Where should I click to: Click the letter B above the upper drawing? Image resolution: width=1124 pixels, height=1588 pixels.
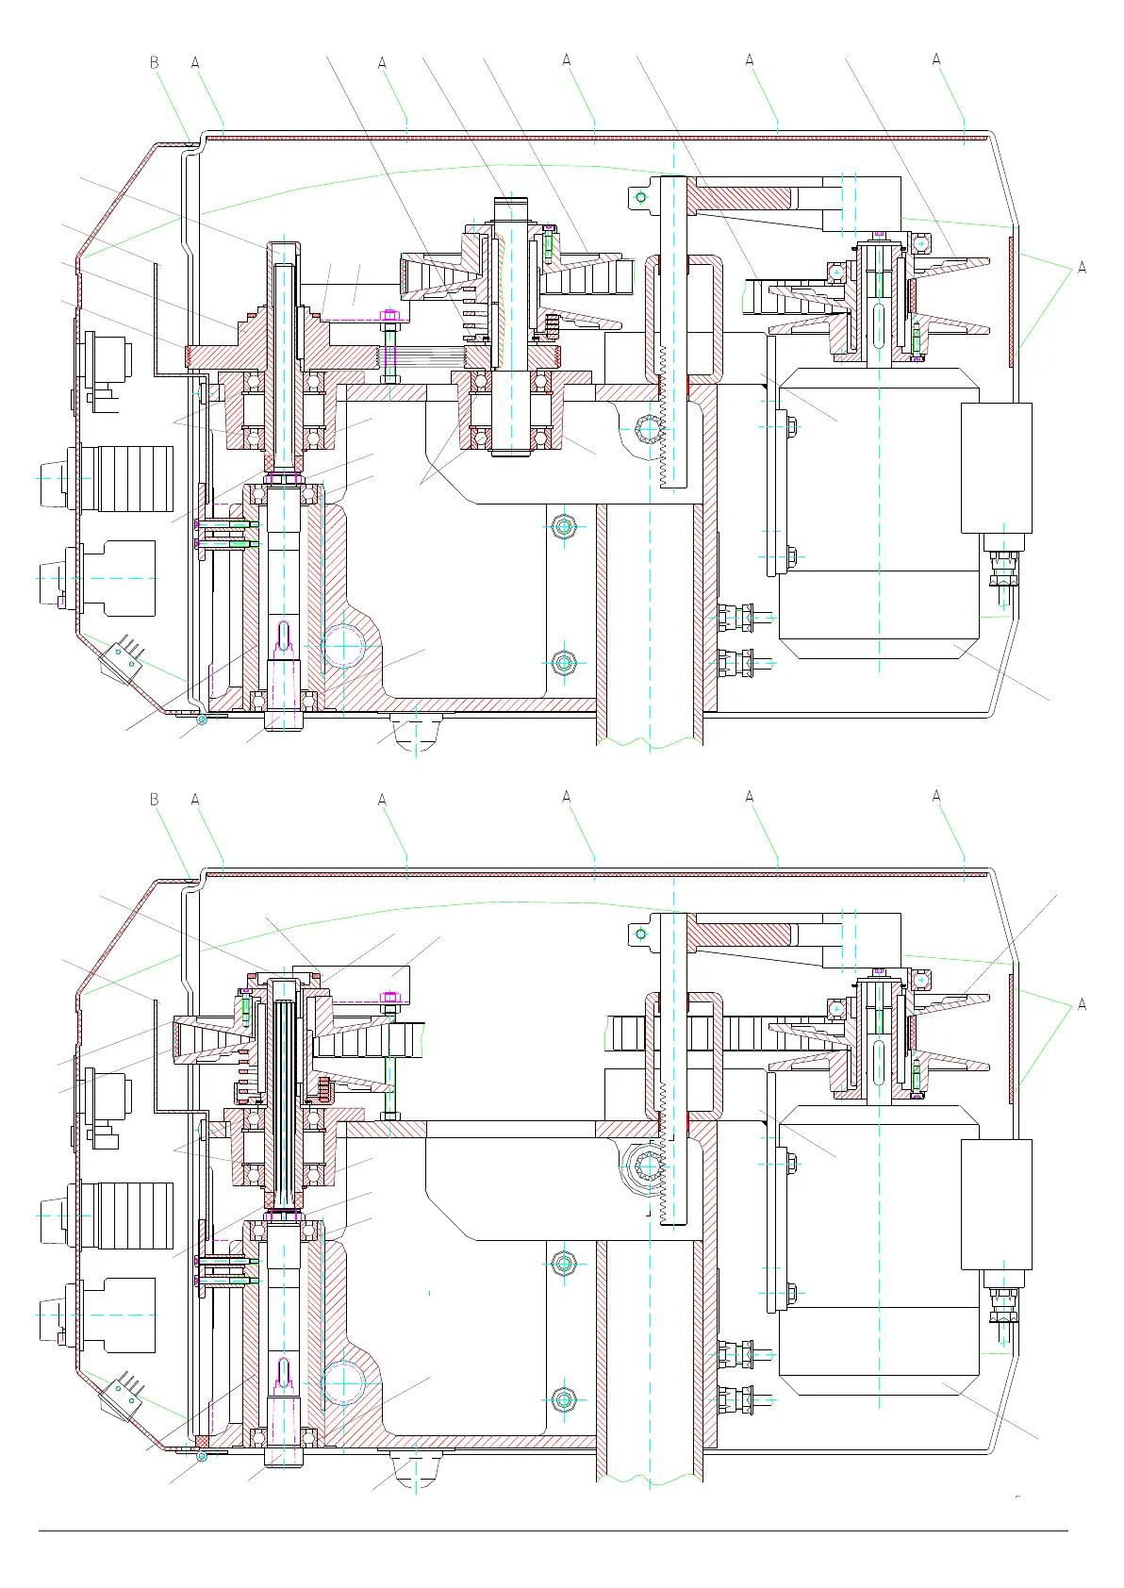click(x=155, y=63)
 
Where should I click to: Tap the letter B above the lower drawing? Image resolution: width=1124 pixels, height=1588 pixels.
click(x=155, y=800)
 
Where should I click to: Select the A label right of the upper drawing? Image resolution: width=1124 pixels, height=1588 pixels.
click(x=1082, y=268)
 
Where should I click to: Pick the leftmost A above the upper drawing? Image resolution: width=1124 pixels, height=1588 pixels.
click(x=195, y=63)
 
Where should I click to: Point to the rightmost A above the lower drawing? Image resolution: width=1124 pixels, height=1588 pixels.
click(x=936, y=797)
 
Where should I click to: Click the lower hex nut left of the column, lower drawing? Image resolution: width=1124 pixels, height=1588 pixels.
click(x=564, y=1398)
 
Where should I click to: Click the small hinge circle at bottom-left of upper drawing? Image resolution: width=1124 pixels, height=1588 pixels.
click(x=202, y=720)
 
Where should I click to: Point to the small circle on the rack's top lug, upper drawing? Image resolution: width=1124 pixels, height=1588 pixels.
click(x=641, y=197)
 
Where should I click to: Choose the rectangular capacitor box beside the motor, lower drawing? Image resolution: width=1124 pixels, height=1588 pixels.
click(x=996, y=1204)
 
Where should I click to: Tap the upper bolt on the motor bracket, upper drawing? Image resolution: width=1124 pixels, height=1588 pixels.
click(x=790, y=426)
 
